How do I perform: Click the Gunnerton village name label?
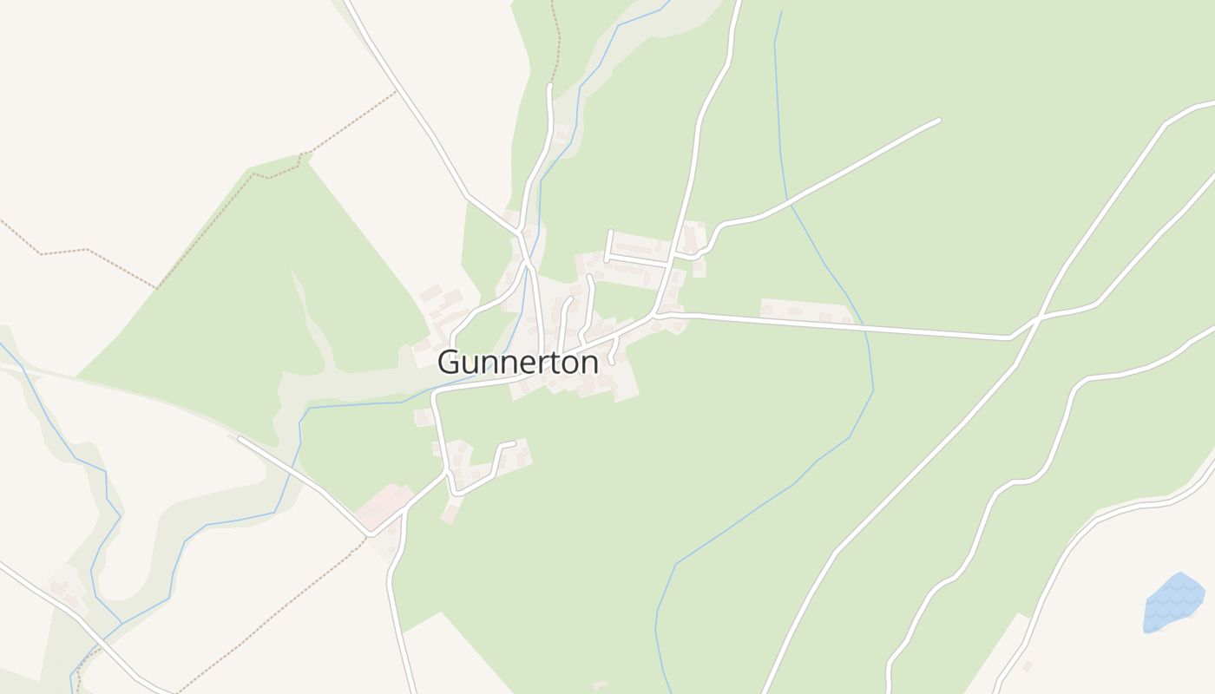(518, 362)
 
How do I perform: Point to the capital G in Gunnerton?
(450, 362)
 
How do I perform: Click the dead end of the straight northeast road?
(938, 120)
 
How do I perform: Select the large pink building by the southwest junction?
(383, 503)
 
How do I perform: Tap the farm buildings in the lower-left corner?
(65, 590)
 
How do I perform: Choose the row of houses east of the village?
(805, 310)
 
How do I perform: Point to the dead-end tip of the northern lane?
(549, 86)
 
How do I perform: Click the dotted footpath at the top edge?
(555, 35)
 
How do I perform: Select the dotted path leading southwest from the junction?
(286, 599)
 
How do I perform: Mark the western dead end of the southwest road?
(240, 439)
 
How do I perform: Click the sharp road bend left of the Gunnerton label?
(435, 396)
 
